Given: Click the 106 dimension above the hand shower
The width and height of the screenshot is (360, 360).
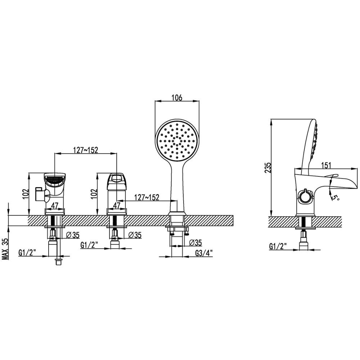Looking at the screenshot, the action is [x=177, y=98].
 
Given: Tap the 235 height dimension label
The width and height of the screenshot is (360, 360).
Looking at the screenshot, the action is [x=268, y=168].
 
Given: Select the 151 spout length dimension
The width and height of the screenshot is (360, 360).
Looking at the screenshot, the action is [x=326, y=165].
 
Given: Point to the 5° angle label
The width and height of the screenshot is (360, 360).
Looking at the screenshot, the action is [x=336, y=197].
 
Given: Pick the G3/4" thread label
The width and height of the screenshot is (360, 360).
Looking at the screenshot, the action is [x=204, y=253].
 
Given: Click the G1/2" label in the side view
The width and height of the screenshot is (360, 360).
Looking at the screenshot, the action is [x=278, y=246].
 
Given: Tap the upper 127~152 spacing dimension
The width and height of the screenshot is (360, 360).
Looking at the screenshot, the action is [x=85, y=150].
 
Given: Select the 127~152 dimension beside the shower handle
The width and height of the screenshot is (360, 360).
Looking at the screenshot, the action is [x=147, y=197].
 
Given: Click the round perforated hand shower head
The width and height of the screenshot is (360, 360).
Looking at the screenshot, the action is [x=177, y=141].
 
